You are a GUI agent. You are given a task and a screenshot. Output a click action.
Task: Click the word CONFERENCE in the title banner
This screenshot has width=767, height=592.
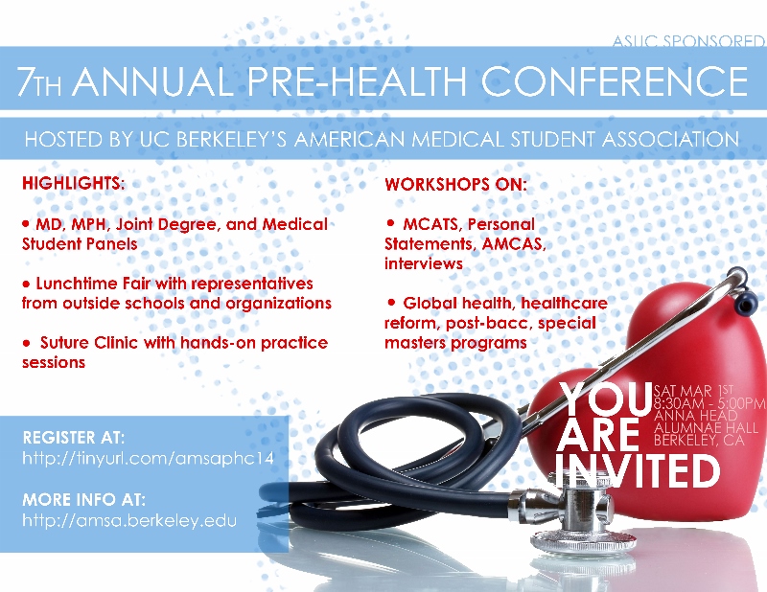(615, 80)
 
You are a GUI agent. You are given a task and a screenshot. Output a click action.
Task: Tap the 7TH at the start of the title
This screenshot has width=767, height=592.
(39, 81)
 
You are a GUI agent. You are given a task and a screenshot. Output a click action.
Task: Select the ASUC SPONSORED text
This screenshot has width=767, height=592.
(688, 41)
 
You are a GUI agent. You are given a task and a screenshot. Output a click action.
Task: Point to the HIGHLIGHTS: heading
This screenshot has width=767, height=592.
(74, 183)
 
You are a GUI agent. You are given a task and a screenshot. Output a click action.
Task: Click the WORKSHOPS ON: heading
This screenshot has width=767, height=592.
(456, 184)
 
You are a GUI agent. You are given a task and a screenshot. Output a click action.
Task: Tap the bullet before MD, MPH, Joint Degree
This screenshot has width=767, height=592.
(26, 224)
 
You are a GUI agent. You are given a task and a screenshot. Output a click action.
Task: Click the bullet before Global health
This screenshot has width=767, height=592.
(391, 303)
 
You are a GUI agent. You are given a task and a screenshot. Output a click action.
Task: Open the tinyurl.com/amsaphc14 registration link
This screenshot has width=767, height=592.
(148, 459)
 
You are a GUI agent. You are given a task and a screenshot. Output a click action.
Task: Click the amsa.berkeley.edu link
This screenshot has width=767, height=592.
(129, 519)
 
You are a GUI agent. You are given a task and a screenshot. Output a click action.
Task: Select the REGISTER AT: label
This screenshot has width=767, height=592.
(74, 437)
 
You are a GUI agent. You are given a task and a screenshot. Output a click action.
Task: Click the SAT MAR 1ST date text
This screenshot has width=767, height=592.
(693, 391)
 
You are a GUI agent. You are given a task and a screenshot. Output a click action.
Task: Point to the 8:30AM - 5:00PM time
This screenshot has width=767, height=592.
(709, 403)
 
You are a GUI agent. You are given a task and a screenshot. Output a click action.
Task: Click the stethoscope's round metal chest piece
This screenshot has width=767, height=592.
(582, 537)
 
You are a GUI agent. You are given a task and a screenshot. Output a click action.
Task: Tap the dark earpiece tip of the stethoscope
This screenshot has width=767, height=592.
(746, 303)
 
